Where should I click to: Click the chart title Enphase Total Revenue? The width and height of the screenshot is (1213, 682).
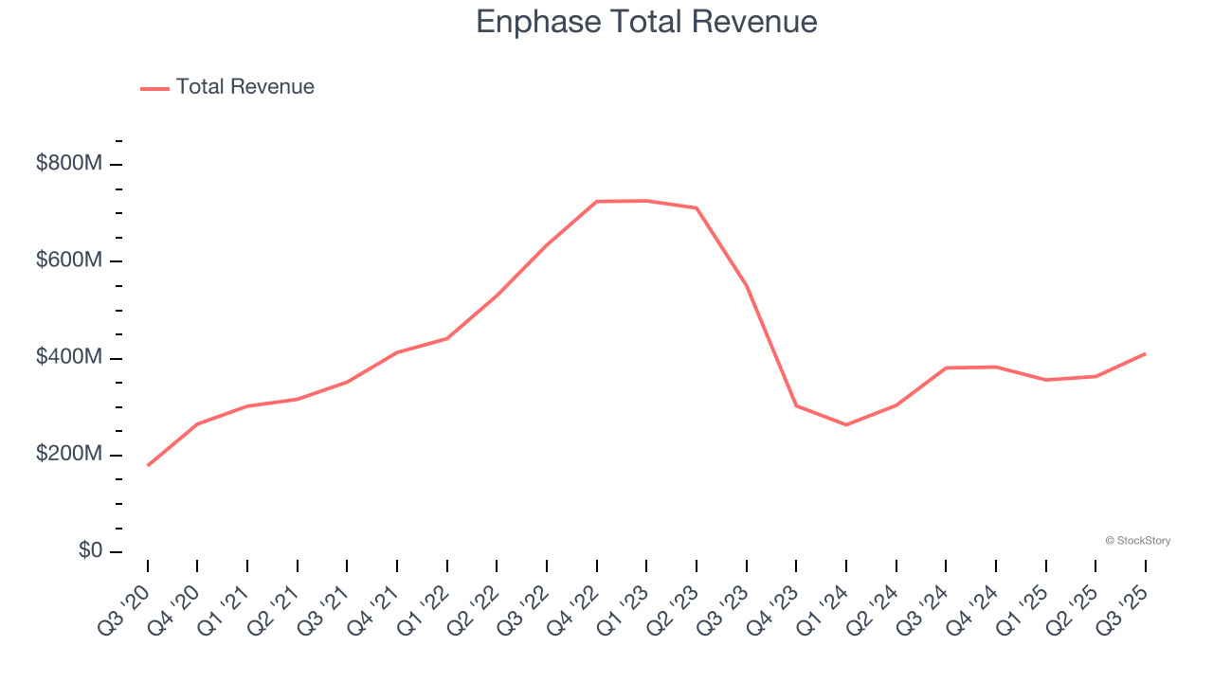(646, 22)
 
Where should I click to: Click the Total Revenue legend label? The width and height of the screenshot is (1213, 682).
(244, 87)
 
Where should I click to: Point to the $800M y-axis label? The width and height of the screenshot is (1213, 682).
(69, 164)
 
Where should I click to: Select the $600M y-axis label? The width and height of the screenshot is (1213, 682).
(69, 260)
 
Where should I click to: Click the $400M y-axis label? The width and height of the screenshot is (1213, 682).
(69, 358)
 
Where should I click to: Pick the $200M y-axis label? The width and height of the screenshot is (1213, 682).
(69, 455)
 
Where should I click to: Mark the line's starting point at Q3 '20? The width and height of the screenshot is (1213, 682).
(148, 465)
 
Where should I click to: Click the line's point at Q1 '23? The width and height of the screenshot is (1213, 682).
(646, 201)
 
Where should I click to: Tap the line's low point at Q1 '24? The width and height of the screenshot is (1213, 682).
(846, 424)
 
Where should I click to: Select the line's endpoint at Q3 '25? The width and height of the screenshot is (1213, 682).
(1145, 353)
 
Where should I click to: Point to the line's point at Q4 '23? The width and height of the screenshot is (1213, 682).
(796, 405)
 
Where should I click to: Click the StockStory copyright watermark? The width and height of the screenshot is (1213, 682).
(1137, 541)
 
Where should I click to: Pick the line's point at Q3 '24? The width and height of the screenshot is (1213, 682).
(946, 368)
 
